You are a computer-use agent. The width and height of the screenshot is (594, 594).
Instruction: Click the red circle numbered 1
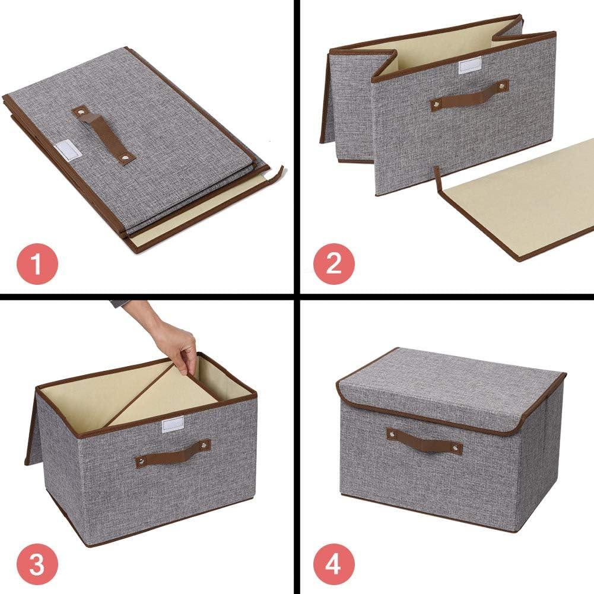37,262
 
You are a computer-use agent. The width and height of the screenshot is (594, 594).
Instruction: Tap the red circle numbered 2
334,262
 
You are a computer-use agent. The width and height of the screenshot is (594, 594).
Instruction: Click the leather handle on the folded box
105,134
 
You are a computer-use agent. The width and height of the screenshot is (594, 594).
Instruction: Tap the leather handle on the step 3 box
173,453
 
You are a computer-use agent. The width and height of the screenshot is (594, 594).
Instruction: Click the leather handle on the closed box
424,440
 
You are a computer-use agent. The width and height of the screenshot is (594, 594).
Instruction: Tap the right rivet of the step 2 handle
503,86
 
